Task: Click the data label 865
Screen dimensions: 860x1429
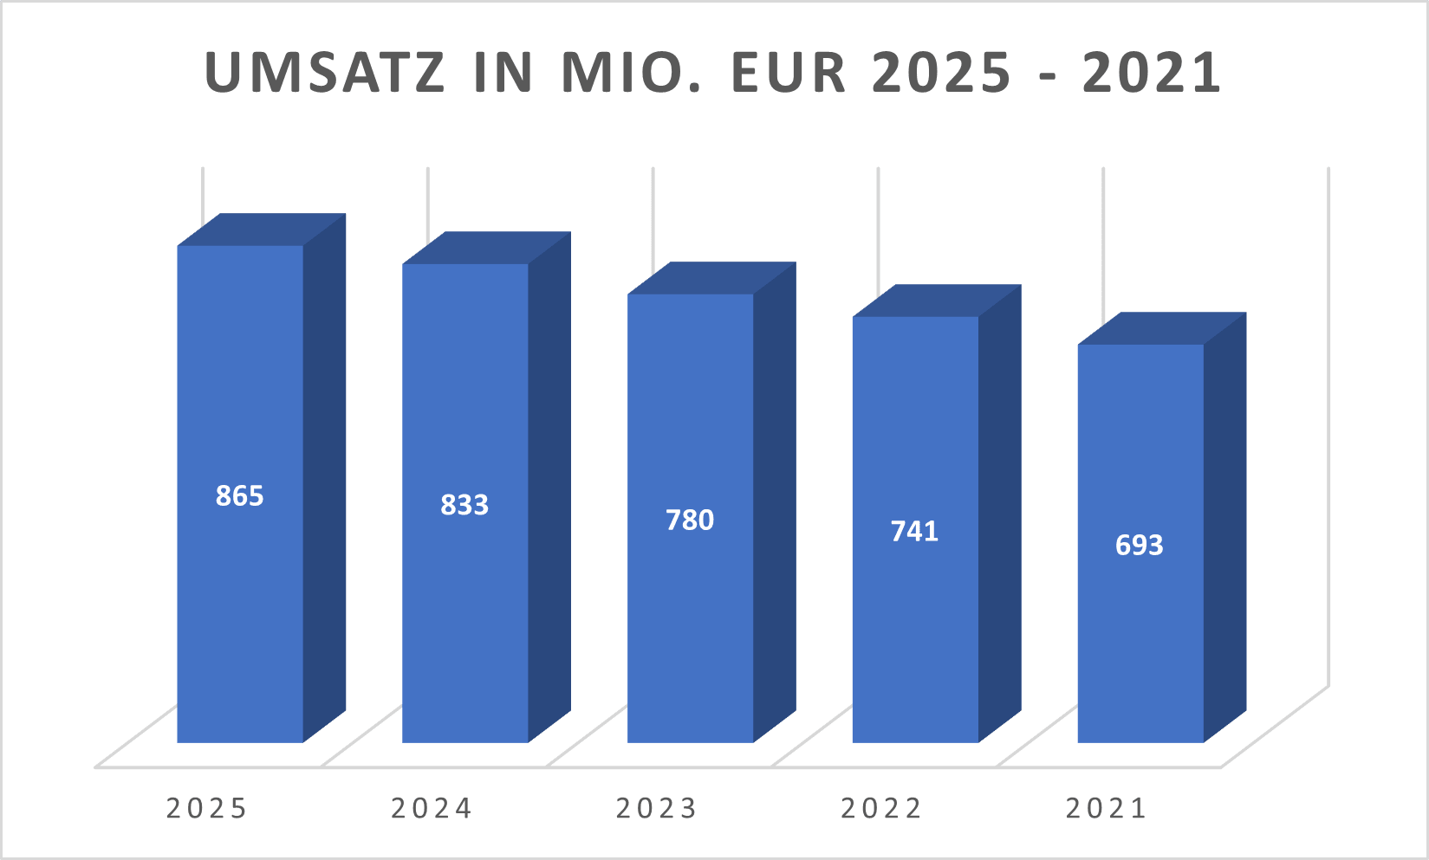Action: [240, 495]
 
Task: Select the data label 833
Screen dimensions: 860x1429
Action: [464, 505]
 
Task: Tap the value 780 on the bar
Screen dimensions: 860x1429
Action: [690, 520]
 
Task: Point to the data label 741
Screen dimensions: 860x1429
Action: [914, 531]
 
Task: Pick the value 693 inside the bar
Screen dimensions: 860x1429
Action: [1140, 545]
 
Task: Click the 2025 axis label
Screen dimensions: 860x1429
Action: [207, 808]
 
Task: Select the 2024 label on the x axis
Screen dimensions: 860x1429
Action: [432, 808]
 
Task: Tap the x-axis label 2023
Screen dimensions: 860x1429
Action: [657, 808]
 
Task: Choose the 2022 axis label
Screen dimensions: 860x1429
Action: [881, 808]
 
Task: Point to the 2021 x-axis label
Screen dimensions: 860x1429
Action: [1107, 808]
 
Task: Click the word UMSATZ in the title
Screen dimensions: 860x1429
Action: [326, 73]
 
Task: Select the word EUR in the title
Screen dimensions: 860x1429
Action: [788, 73]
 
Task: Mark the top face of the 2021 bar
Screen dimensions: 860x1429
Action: [1162, 328]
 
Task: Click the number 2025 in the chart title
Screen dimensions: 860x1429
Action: [942, 73]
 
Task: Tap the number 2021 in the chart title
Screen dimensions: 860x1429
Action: [1152, 73]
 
